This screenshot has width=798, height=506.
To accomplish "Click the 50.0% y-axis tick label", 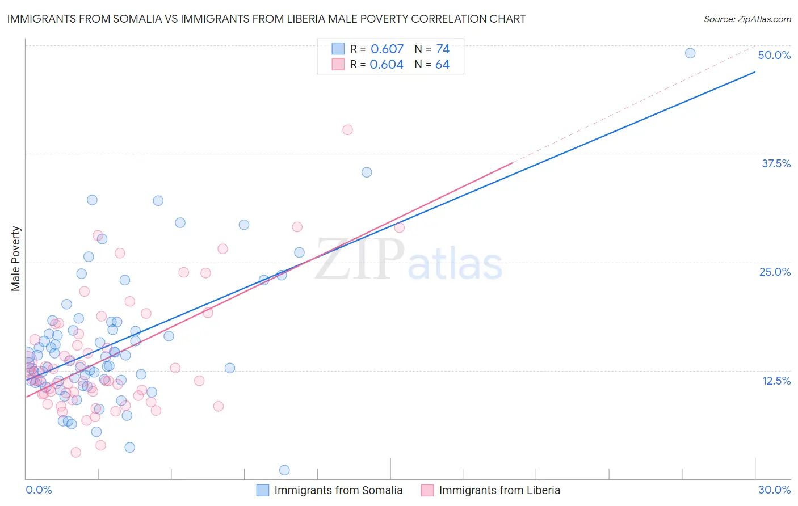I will click(x=774, y=55).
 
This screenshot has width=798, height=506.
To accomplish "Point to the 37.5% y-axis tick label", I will click(x=776, y=163).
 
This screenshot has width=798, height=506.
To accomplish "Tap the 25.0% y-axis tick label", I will click(x=775, y=272).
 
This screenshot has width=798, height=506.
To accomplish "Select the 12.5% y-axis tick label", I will click(x=776, y=381).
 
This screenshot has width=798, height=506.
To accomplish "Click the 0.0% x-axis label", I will click(x=39, y=490).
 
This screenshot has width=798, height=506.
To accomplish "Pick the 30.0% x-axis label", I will click(x=774, y=490).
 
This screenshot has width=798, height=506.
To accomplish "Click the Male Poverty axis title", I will click(x=16, y=259).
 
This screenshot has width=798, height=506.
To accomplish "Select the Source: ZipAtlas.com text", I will click(x=747, y=19).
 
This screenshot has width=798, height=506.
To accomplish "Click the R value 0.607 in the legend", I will click(x=387, y=49).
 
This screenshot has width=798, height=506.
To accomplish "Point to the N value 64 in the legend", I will click(x=442, y=65).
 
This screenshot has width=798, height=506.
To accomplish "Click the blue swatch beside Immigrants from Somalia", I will click(x=263, y=490).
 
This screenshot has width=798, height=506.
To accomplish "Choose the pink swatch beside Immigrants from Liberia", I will click(x=427, y=490).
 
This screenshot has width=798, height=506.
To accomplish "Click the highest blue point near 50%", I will click(x=690, y=53).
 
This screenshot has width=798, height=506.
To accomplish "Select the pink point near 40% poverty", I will click(x=347, y=130).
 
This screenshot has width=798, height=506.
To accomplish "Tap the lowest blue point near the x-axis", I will click(x=284, y=470).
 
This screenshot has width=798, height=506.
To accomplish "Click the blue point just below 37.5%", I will click(x=367, y=172).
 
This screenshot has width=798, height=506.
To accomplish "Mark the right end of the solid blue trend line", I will click(x=755, y=72).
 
